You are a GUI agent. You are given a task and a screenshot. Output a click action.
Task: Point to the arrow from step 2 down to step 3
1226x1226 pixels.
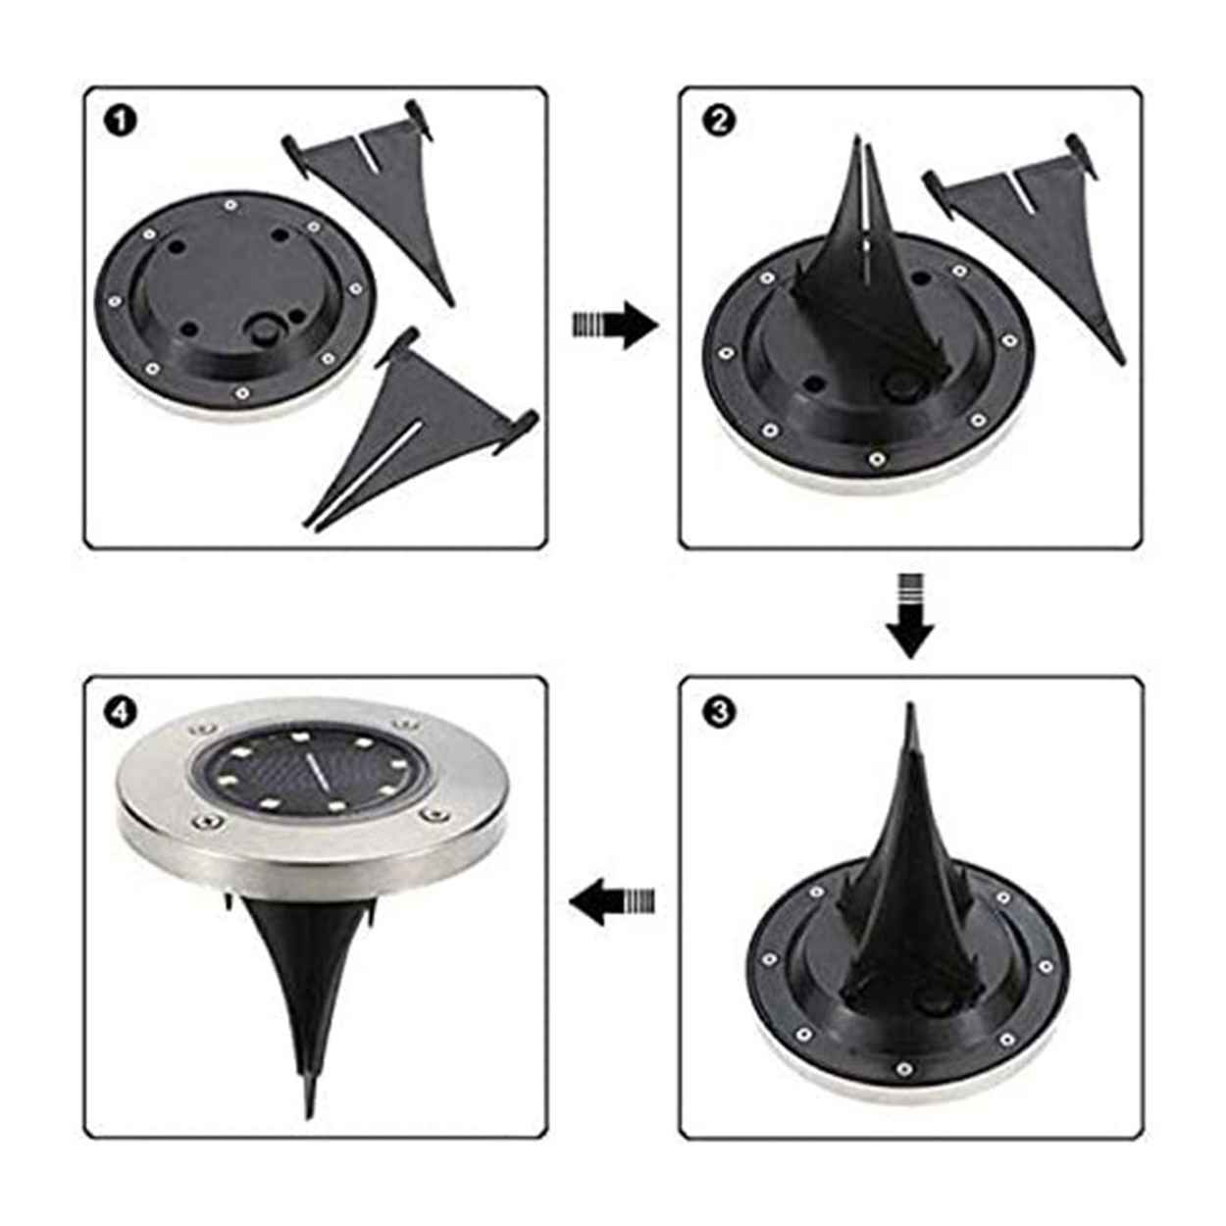click(x=911, y=615)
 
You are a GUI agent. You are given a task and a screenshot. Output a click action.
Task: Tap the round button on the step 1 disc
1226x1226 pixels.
click(x=264, y=331)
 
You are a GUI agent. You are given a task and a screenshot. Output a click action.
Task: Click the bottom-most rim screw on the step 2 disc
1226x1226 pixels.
click(x=877, y=457)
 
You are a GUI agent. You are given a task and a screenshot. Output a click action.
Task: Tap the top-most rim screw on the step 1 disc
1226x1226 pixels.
click(x=230, y=205)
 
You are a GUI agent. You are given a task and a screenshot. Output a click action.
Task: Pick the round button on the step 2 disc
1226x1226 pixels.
click(x=897, y=385)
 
